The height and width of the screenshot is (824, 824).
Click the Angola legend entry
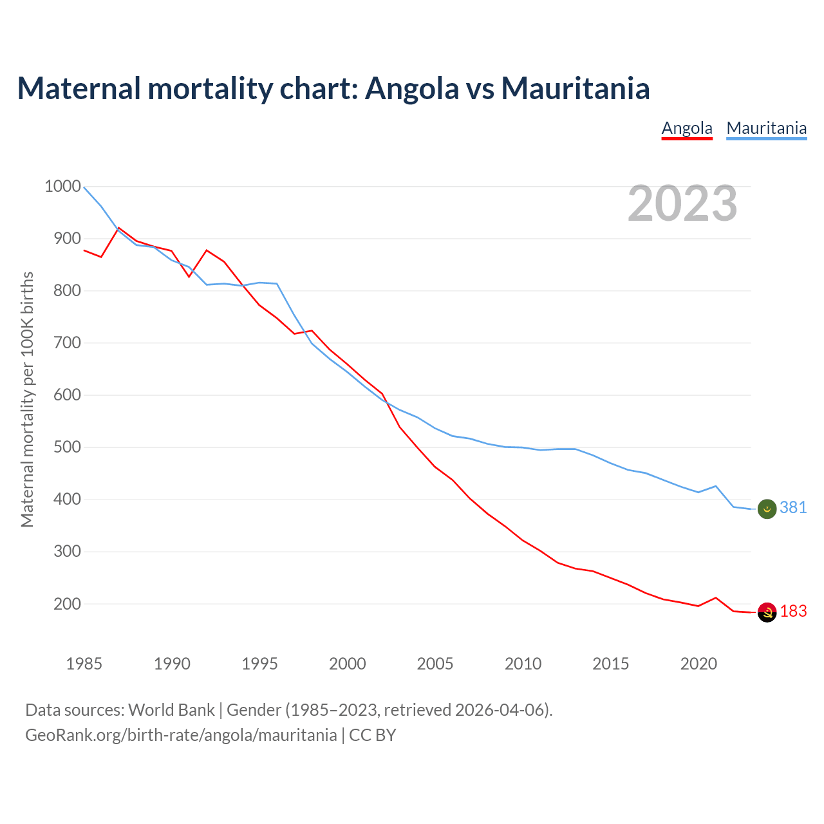click(687, 128)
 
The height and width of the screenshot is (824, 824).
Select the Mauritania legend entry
click(766, 128)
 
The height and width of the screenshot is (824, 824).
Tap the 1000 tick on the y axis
click(62, 187)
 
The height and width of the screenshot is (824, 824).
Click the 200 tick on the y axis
click(66, 604)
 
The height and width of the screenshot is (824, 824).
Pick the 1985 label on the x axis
click(84, 664)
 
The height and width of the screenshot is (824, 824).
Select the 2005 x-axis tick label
click(435, 664)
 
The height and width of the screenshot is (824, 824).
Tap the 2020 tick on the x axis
click(698, 664)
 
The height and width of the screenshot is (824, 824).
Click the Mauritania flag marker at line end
click(767, 509)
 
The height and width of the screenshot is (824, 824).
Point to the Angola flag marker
click(767, 613)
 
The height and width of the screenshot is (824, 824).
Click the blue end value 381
click(793, 508)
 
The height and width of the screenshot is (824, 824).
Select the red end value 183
click(793, 612)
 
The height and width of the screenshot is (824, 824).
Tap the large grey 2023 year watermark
click(682, 203)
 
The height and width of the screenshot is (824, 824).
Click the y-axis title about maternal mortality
click(27, 399)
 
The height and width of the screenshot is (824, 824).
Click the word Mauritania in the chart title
click(576, 88)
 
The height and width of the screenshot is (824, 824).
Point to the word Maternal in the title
click(79, 88)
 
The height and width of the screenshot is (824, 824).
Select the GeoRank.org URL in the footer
click(181, 735)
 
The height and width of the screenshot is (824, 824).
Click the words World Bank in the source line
click(171, 710)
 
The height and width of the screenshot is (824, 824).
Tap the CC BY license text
click(373, 735)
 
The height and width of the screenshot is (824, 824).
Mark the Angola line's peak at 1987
click(119, 228)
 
